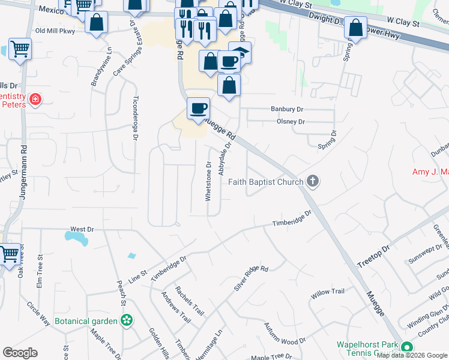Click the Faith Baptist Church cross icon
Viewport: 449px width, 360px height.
click(312, 181)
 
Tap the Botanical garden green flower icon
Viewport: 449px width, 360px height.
click(127, 321)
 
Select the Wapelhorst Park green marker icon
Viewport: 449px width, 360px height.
click(407, 347)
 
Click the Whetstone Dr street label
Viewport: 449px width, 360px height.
click(209, 181)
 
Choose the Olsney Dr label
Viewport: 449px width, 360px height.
click(291, 122)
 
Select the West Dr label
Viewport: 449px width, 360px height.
click(82, 229)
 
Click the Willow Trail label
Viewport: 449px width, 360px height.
click(328, 292)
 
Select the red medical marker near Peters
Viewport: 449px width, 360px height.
click(35, 99)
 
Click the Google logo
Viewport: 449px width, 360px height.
click(20, 353)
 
